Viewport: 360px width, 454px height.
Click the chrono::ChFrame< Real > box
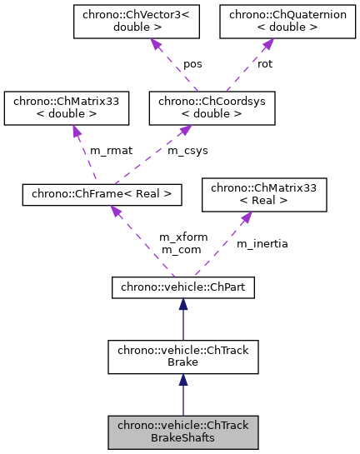pyautogui.click(x=102, y=195)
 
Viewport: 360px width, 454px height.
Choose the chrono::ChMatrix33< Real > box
pyautogui.click(x=264, y=195)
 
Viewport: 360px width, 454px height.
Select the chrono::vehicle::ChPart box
pyautogui.click(x=183, y=287)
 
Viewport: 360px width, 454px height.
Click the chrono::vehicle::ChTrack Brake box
pyautogui.click(x=183, y=357)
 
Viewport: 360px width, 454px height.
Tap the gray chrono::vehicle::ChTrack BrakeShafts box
pyautogui.click(x=183, y=430)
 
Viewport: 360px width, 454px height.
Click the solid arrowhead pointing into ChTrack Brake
pyautogui.click(x=183, y=380)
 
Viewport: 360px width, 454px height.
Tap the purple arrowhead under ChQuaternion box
pyautogui.click(x=255, y=44)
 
